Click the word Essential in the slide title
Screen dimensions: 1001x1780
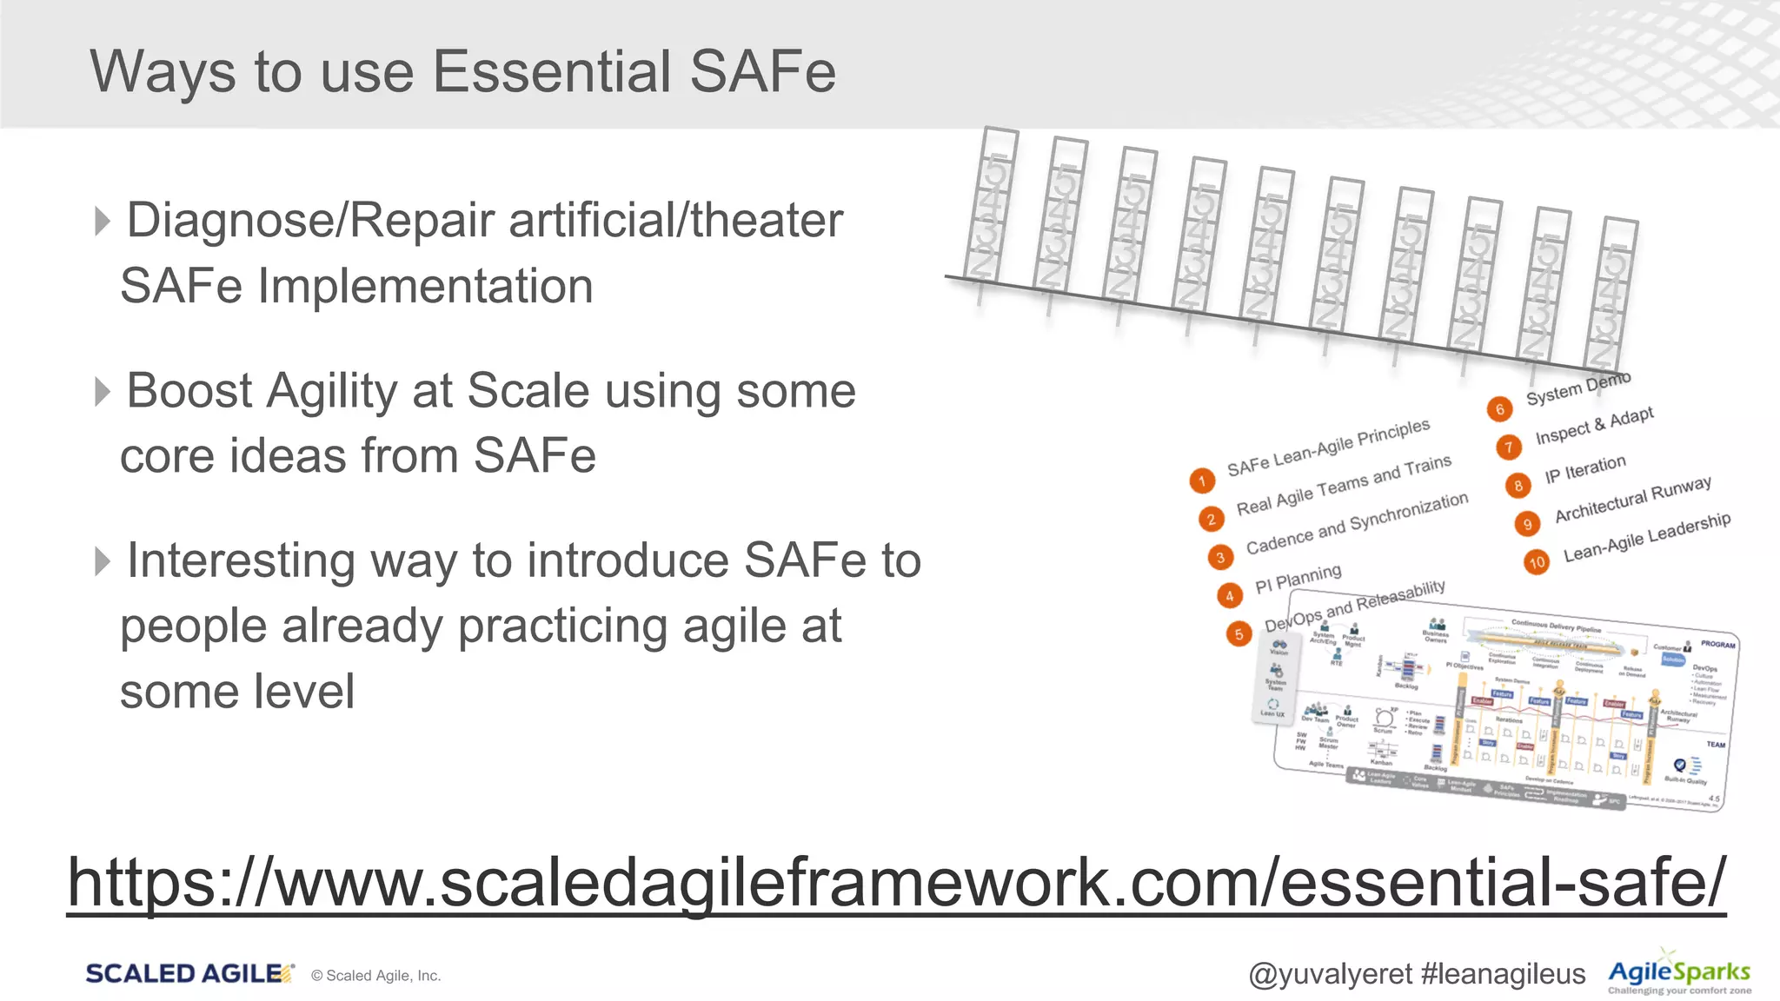[551, 71]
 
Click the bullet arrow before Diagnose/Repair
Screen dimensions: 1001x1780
[103, 221]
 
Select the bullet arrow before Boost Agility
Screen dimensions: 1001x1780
[103, 391]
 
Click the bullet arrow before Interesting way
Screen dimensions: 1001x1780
[103, 561]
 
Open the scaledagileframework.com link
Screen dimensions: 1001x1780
[895, 883]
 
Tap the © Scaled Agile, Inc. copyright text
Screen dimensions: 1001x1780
[376, 976]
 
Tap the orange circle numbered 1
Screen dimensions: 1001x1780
[1202, 481]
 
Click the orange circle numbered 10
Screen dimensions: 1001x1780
[1537, 562]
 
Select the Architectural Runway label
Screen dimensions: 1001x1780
[1633, 500]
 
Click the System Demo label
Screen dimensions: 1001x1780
[1578, 389]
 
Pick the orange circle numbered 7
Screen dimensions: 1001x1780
[1509, 447]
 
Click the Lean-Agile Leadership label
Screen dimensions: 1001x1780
[1647, 537]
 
